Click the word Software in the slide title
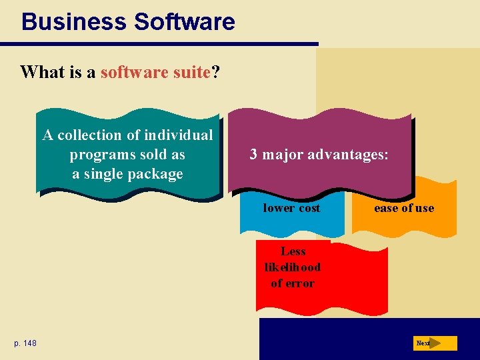coord(184,22)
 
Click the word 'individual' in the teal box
coord(177,135)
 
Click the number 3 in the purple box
coord(253,155)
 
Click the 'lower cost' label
coord(291,208)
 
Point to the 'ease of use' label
coord(403,208)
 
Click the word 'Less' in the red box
coord(293,251)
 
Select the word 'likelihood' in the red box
coord(292,267)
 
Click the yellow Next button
coord(435,343)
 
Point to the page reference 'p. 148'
coord(25,343)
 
